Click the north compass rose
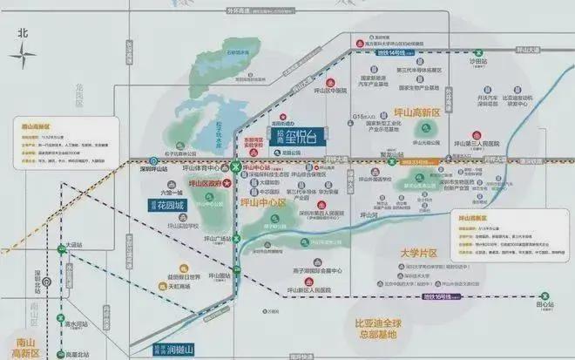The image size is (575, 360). [x=23, y=53]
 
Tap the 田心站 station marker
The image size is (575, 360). [x=546, y=305]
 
